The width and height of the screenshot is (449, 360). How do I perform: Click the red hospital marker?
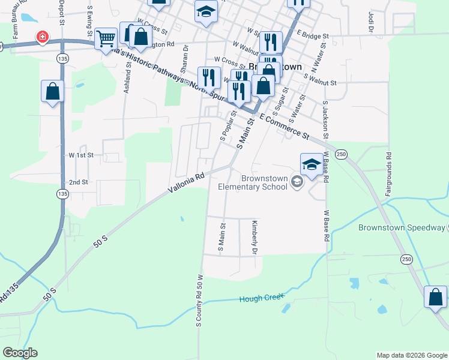(43, 37)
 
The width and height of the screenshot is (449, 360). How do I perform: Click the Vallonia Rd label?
(187, 181)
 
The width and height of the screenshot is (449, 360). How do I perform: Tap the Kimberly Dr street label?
(255, 236)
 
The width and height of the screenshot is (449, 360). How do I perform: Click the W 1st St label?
(82, 155)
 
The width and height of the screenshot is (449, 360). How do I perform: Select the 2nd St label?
(79, 182)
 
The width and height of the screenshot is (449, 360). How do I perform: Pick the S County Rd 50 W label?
(200, 301)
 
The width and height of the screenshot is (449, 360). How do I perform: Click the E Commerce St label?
(285, 127)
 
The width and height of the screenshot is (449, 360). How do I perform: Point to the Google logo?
(20, 353)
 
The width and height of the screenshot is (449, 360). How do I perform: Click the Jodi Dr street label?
(364, 21)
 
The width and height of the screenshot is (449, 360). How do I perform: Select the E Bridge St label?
(313, 36)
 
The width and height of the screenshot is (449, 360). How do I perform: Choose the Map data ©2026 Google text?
(411, 355)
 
